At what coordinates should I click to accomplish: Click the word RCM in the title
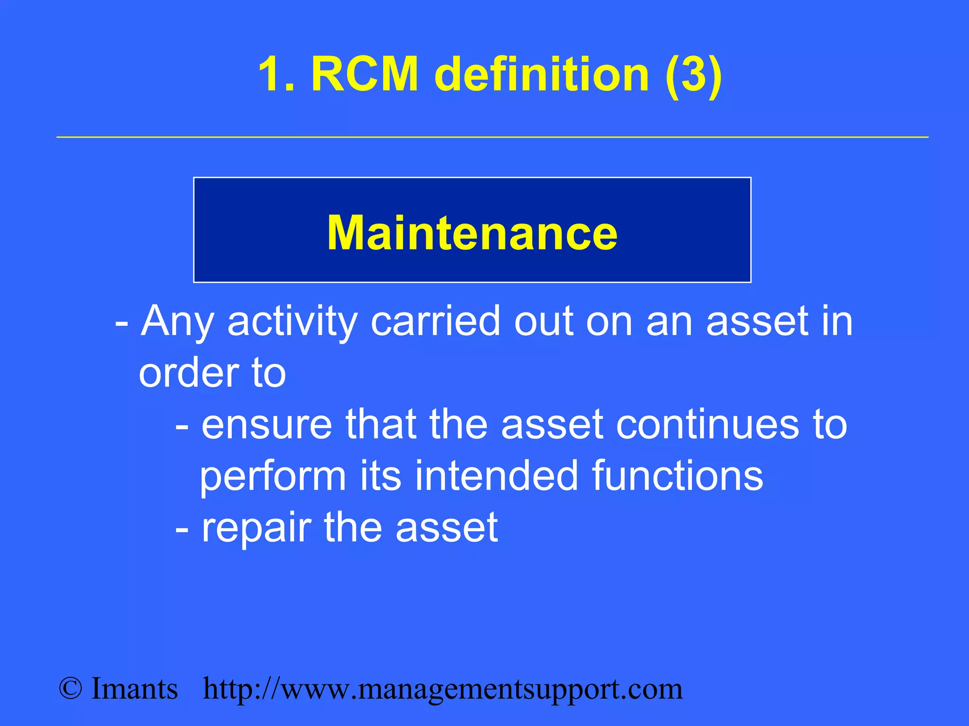365,74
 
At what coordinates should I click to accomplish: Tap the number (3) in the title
693,74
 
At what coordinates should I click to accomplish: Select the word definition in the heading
542,74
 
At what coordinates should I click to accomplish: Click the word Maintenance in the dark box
472,233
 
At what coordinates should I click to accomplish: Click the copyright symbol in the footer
70,689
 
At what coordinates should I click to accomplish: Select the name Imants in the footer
134,689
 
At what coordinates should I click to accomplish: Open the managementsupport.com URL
443,690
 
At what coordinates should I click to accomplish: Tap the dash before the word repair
182,529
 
